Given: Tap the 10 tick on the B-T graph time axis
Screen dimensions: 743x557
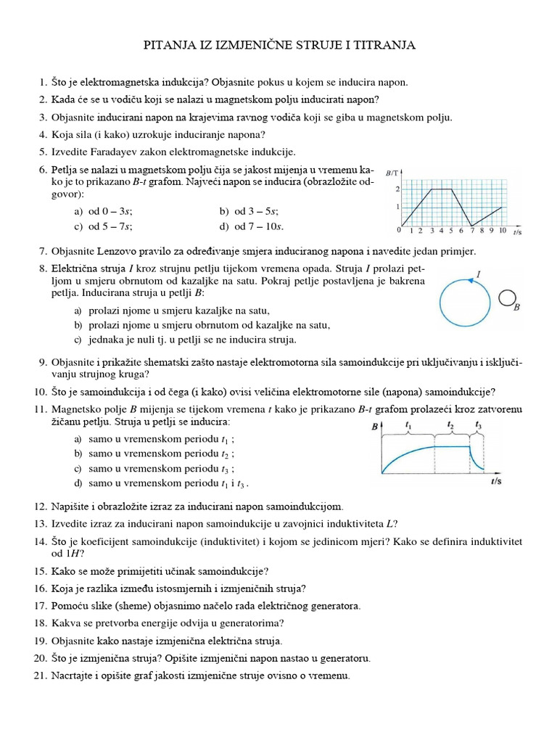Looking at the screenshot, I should pos(502,231).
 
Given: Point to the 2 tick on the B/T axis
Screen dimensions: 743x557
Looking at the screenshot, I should pos(397,189).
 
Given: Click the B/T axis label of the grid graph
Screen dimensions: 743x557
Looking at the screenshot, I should pos(394,173).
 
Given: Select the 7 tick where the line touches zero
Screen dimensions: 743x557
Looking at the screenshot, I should pos(471,231).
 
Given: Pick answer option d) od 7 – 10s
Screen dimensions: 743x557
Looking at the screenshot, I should pos(251,226).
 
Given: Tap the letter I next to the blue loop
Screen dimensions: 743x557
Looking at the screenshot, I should pos(479,274).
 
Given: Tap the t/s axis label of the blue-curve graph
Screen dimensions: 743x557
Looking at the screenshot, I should pos(498,481).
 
